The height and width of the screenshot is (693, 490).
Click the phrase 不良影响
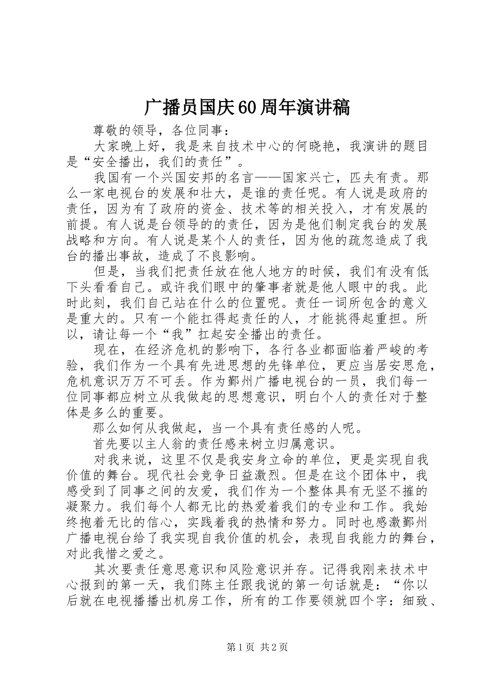[x=227, y=256]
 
